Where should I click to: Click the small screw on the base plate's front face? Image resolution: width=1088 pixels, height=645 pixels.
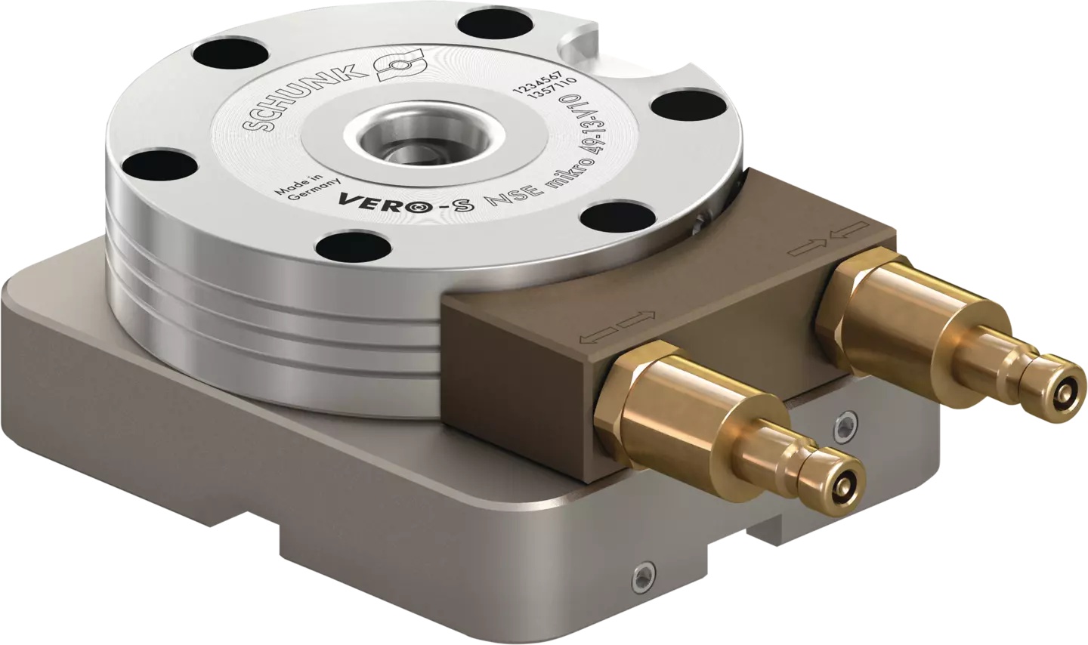(x=641, y=578)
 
